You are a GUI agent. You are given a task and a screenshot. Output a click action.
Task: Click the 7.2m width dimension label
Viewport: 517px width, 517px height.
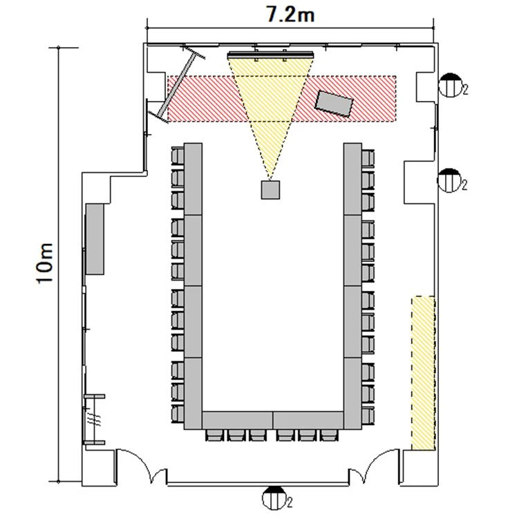point(290,15)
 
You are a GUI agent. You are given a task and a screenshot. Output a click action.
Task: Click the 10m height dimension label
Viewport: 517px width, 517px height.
point(44,263)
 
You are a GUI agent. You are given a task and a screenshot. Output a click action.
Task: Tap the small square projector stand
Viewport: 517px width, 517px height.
point(270,189)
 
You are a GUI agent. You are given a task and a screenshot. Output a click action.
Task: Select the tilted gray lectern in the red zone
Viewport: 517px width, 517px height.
point(334,104)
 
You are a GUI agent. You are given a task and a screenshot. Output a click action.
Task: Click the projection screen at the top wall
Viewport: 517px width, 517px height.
point(270,55)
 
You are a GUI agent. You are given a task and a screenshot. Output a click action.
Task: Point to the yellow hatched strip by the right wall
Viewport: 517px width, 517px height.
point(424,373)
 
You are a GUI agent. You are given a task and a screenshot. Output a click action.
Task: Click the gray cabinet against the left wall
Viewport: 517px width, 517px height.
point(95,239)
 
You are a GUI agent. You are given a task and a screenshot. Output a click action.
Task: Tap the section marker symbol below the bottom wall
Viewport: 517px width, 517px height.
point(274,498)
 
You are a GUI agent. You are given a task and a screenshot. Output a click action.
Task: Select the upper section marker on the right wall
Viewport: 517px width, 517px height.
point(451,85)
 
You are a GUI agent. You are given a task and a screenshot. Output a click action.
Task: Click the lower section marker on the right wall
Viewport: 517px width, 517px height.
point(449,180)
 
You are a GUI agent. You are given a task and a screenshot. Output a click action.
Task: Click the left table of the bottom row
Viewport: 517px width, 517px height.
point(237,420)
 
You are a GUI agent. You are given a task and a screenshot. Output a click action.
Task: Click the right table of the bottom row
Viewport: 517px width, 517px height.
point(308,420)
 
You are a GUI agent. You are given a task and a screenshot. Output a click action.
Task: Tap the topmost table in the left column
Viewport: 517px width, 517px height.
point(193,179)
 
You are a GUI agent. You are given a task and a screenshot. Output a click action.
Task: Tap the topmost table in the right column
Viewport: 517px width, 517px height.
point(352,179)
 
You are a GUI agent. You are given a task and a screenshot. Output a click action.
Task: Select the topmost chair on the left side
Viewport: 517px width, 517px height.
point(178,156)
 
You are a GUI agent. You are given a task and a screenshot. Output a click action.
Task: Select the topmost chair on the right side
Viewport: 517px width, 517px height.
point(368,158)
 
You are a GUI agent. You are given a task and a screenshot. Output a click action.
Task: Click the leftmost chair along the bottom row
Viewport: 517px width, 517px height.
point(215,435)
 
